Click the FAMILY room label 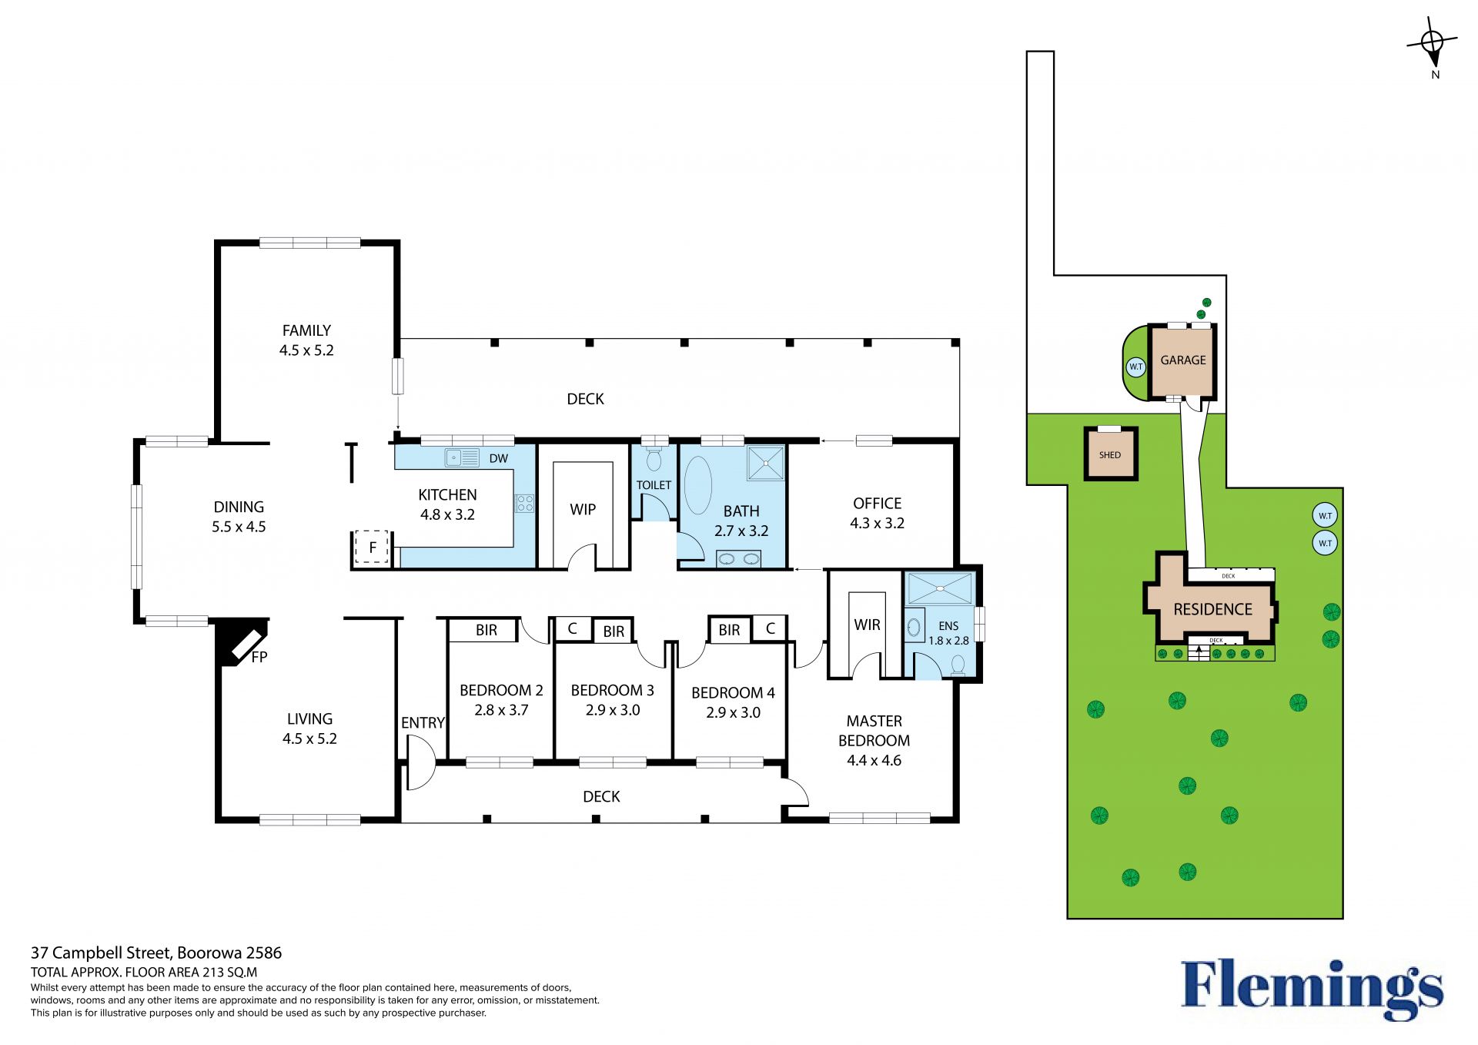(306, 330)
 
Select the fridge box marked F (373, 547)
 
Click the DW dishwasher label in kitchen (499, 458)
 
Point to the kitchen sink (462, 457)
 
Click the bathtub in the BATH (698, 485)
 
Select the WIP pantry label (583, 509)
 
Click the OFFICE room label (877, 503)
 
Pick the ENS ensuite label (948, 626)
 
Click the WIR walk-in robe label (867, 625)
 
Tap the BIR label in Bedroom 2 (487, 630)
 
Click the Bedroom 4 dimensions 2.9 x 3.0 (733, 712)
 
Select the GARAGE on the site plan (1183, 360)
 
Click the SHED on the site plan (1110, 454)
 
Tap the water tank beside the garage (1136, 367)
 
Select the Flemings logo (1312, 990)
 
